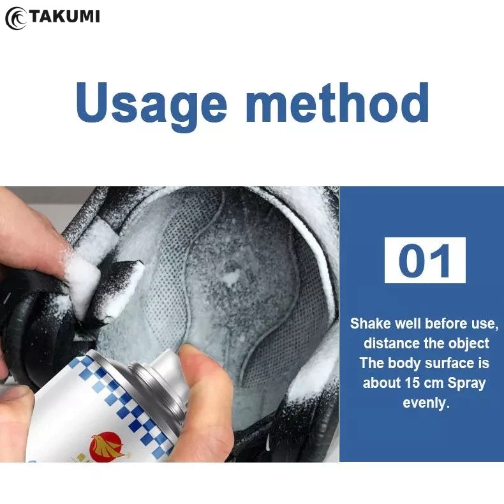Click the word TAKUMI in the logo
click(x=64, y=17)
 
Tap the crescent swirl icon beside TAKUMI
click(x=16, y=19)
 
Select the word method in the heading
click(x=337, y=102)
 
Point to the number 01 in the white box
click(x=425, y=260)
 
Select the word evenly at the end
click(x=426, y=403)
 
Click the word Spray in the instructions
click(x=466, y=383)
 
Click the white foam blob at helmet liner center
click(x=232, y=276)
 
